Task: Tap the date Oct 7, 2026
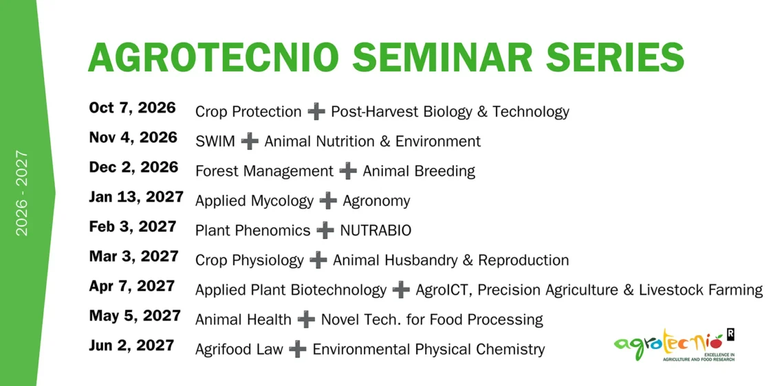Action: pyautogui.click(x=132, y=108)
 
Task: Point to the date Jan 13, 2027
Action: pyautogui.click(x=136, y=197)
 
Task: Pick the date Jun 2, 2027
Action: pyautogui.click(x=131, y=345)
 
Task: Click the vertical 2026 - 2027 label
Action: pyautogui.click(x=22, y=193)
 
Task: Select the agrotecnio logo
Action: pyautogui.click(x=675, y=344)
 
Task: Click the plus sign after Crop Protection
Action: pyautogui.click(x=316, y=112)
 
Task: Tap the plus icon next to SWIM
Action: pyautogui.click(x=250, y=141)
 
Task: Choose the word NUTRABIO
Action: pyautogui.click(x=375, y=230)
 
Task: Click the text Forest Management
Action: pyautogui.click(x=264, y=172)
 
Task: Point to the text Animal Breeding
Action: pyautogui.click(x=419, y=172)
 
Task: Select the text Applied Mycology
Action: pyautogui.click(x=254, y=201)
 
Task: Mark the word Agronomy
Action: pyautogui.click(x=376, y=201)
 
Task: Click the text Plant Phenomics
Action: pyautogui.click(x=253, y=230)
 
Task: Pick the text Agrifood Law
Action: pyautogui.click(x=239, y=350)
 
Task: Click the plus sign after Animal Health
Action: pyautogui.click(x=306, y=320)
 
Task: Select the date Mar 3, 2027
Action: pyautogui.click(x=133, y=256)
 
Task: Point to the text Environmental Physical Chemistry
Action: pyautogui.click(x=428, y=350)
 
